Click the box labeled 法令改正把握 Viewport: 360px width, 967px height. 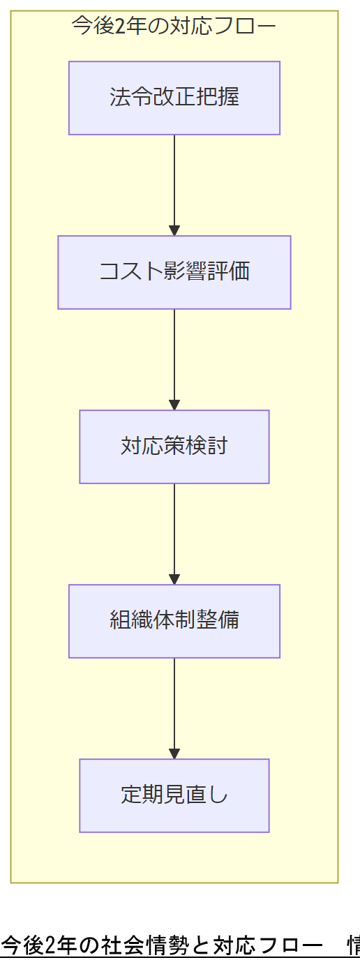point(174,98)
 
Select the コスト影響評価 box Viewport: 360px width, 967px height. point(174,272)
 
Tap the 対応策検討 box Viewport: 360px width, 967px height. point(174,447)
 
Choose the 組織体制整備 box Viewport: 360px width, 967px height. point(174,621)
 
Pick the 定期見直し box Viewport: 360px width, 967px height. point(174,795)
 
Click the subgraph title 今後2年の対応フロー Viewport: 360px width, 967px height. point(174,26)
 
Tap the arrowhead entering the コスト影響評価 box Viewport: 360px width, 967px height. point(174,231)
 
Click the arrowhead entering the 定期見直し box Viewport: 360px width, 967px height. point(174,754)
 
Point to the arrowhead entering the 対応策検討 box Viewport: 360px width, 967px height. point(174,405)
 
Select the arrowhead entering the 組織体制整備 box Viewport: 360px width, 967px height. point(174,580)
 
